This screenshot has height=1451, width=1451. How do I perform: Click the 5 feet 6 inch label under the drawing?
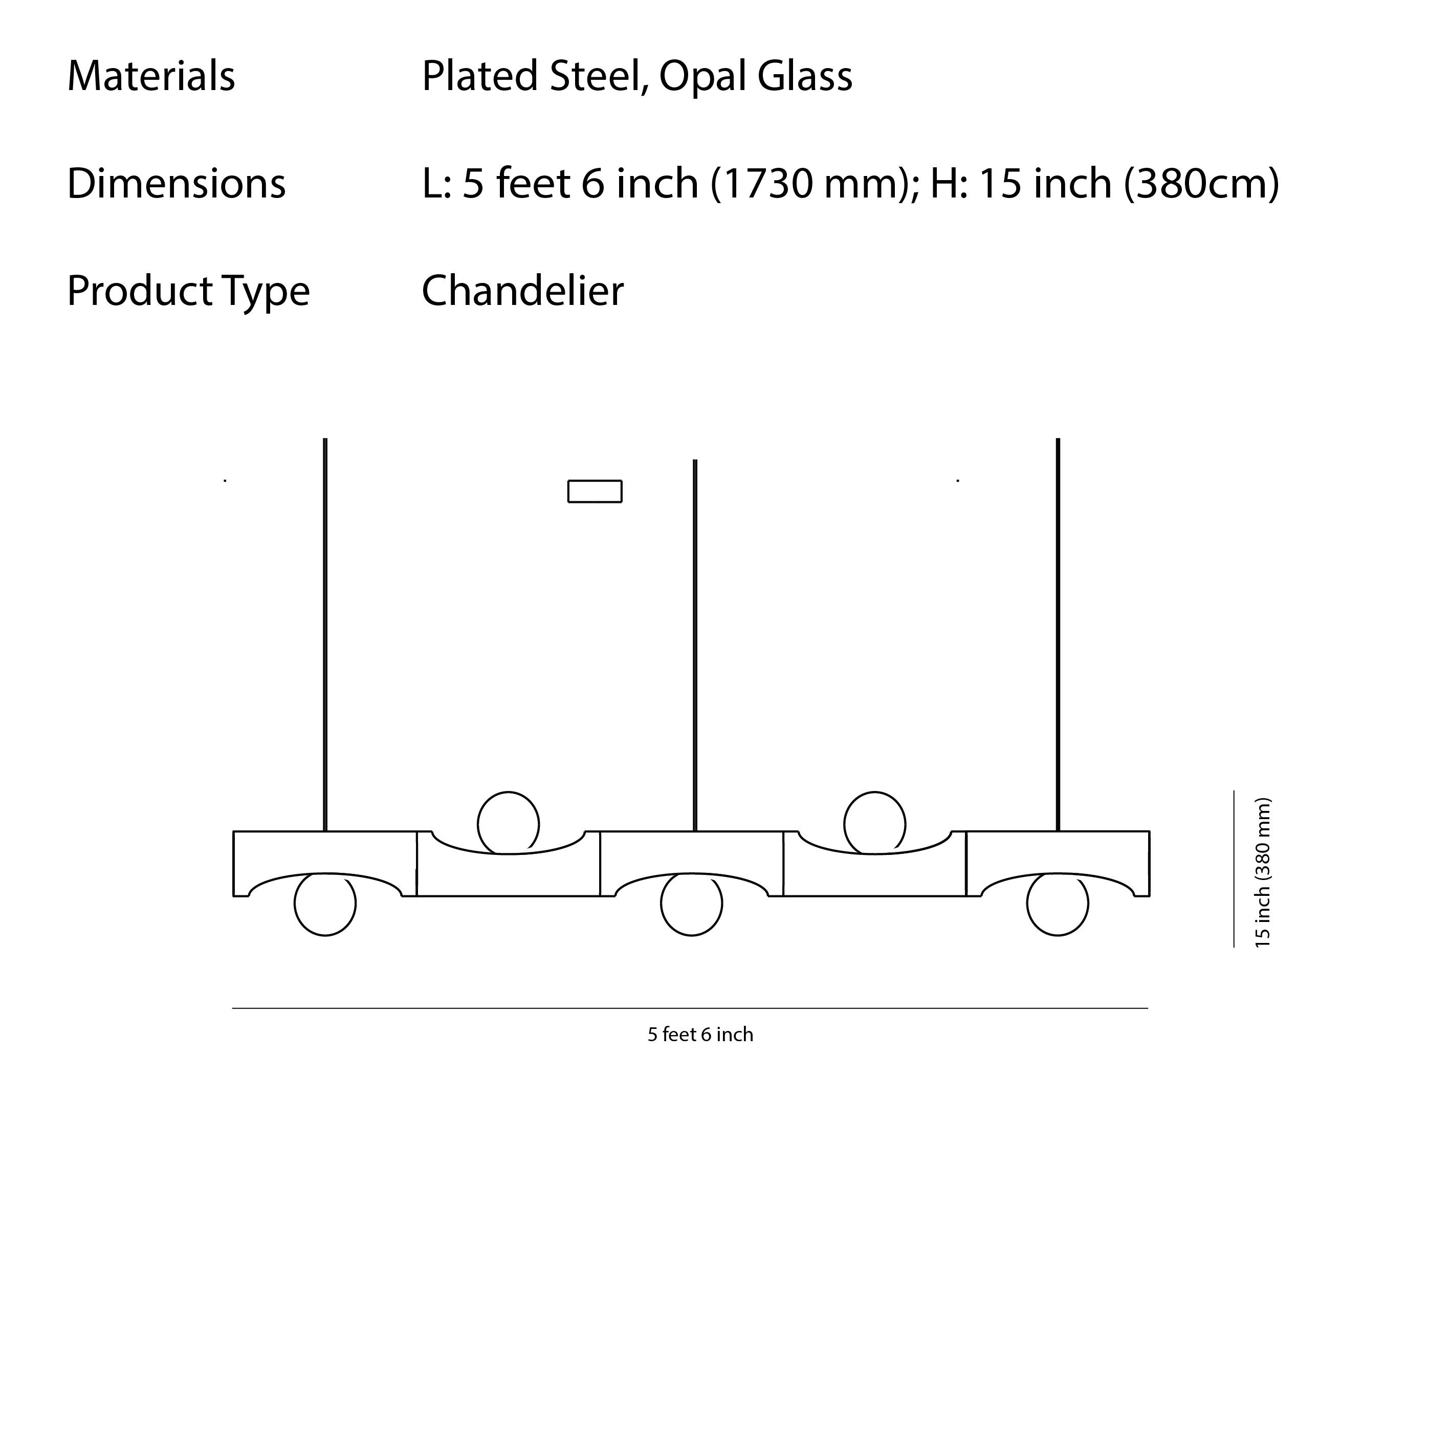[x=700, y=1035]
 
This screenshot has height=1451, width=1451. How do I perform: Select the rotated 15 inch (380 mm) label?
[x=1263, y=873]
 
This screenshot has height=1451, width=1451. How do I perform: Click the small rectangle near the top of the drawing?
[x=595, y=491]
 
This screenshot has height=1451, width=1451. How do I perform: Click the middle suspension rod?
[x=695, y=646]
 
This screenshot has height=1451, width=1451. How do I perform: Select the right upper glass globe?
[x=875, y=823]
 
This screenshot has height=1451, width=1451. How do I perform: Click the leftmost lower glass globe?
[x=325, y=904]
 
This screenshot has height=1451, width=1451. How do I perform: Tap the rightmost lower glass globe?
[x=1058, y=904]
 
